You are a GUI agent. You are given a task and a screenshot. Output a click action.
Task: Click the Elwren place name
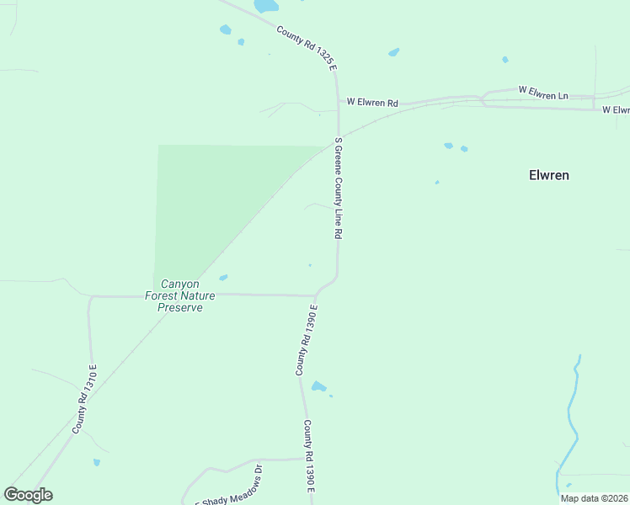548,175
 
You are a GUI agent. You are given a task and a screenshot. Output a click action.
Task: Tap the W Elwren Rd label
372,103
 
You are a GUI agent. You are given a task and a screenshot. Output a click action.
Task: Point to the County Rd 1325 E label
307,46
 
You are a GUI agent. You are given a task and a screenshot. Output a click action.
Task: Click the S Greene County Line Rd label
338,189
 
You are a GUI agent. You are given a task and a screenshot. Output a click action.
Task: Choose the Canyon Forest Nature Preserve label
180,295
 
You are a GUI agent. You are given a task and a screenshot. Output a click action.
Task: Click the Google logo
29,495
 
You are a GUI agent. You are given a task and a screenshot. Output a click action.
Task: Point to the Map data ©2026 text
594,498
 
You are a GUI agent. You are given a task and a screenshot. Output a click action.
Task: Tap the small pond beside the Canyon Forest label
223,277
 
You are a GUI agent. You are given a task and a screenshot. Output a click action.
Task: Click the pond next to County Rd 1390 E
318,387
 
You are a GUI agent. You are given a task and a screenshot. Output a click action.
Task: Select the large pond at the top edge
266,5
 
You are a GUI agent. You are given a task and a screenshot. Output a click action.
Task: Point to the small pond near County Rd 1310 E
97,462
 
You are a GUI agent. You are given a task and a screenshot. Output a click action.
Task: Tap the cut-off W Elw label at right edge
616,110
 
